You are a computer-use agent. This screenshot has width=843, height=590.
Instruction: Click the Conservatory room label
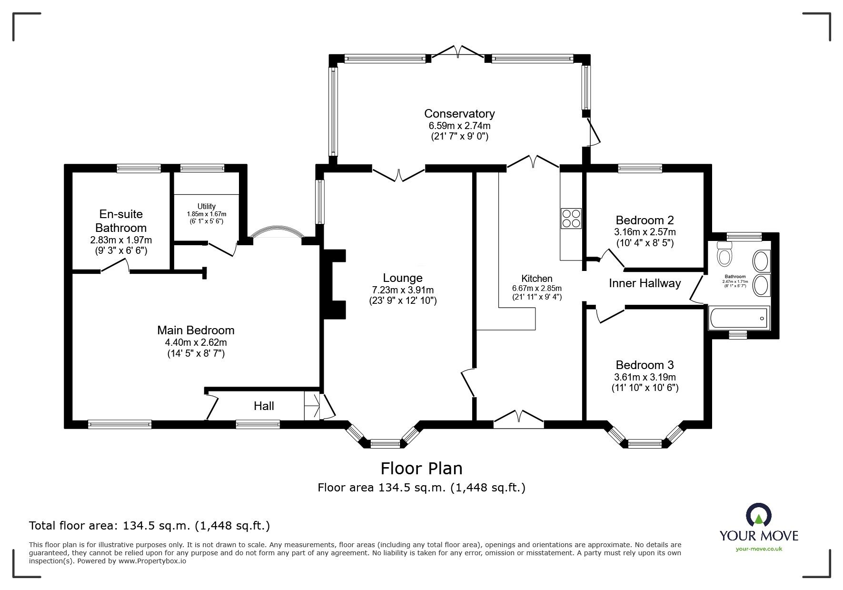click(x=459, y=114)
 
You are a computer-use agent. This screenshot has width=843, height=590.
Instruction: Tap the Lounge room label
click(x=403, y=278)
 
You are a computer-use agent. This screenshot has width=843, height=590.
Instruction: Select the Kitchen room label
click(x=537, y=279)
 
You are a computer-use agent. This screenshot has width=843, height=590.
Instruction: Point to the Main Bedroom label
click(x=196, y=330)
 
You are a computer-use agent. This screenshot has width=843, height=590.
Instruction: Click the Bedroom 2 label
click(x=645, y=220)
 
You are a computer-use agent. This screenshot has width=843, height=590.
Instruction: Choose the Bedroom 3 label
click(x=645, y=365)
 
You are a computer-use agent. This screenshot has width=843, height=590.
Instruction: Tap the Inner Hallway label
click(x=645, y=283)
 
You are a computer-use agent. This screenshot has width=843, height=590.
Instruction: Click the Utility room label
click(x=207, y=207)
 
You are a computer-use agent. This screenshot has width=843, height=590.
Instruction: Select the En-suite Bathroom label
click(x=121, y=221)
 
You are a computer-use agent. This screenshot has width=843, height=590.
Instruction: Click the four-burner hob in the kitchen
click(x=571, y=219)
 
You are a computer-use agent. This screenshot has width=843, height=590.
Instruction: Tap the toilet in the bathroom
click(x=724, y=254)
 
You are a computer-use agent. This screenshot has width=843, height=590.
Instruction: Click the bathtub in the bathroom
click(x=738, y=318)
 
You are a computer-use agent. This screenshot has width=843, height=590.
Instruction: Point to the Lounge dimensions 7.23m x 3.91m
click(x=403, y=290)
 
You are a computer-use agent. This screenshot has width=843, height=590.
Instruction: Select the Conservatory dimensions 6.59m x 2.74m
click(x=459, y=126)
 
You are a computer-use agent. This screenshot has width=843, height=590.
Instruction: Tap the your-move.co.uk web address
click(x=759, y=549)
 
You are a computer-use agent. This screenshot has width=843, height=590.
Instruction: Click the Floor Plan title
click(x=422, y=469)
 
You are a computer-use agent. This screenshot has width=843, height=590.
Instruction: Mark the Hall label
click(x=264, y=406)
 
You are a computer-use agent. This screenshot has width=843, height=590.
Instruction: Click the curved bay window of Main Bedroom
click(x=277, y=231)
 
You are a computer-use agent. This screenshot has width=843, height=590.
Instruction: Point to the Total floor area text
click(x=149, y=526)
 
